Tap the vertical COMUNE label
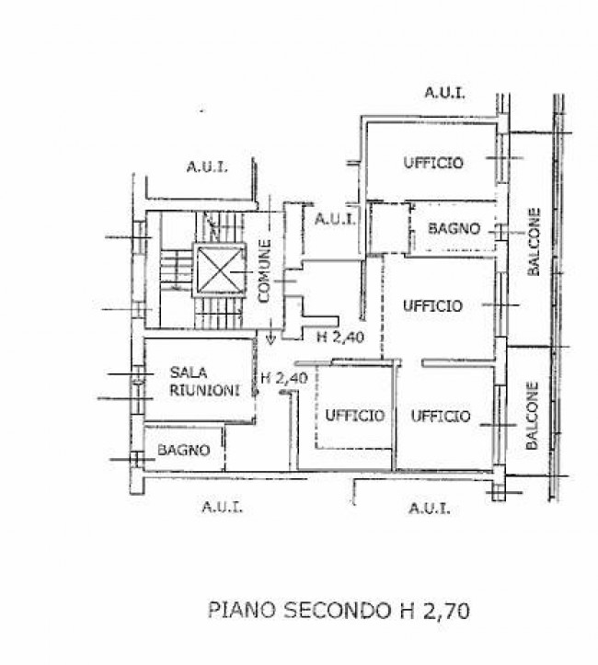click(x=264, y=271)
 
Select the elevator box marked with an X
click(x=220, y=269)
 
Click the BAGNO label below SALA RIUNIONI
click(x=183, y=451)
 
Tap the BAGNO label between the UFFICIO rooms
click(x=454, y=228)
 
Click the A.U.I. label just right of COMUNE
click(x=336, y=219)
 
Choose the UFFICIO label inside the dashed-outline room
click(x=354, y=416)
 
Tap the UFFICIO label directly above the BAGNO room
click(x=432, y=163)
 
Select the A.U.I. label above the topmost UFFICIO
click(x=444, y=92)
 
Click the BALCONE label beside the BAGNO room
click(x=534, y=244)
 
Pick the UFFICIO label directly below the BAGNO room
click(x=432, y=306)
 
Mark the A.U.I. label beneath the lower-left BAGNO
click(x=222, y=507)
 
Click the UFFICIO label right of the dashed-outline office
click(x=440, y=416)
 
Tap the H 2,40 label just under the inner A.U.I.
click(x=340, y=337)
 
